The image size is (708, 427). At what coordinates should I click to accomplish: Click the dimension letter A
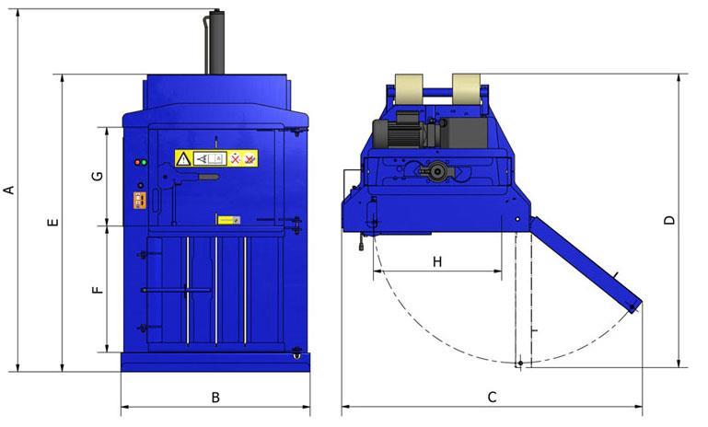(8, 190)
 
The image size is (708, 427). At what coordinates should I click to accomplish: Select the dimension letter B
(215, 398)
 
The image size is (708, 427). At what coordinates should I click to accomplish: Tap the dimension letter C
(493, 398)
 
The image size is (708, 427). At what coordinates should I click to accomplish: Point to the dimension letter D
(669, 220)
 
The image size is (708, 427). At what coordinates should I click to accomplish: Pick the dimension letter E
(52, 222)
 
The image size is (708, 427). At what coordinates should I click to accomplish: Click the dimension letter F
(98, 289)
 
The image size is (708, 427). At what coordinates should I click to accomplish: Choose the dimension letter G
(98, 176)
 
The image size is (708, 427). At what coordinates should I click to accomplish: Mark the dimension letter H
(437, 261)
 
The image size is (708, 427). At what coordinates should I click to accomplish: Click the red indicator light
(138, 162)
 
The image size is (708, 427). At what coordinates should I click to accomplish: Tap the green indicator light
(144, 162)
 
